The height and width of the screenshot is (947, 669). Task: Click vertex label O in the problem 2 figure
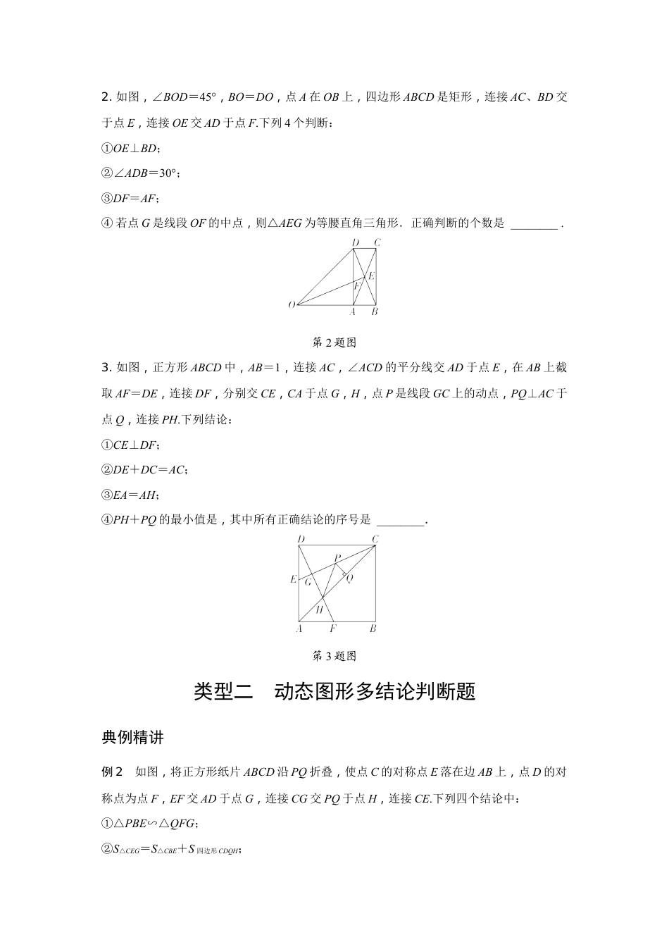[291, 304]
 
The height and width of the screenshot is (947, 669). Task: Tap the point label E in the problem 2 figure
[372, 276]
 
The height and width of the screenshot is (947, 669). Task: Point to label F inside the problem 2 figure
[356, 286]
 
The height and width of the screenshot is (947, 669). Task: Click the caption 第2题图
[334, 342]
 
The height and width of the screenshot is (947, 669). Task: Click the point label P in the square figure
[337, 557]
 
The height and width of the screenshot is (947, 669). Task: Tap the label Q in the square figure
[349, 577]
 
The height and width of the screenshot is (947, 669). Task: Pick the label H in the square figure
[319, 609]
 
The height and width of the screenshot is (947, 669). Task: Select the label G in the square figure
[308, 582]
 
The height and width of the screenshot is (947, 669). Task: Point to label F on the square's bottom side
[333, 629]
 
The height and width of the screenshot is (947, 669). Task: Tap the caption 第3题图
[334, 656]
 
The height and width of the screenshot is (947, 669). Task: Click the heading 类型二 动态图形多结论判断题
[334, 691]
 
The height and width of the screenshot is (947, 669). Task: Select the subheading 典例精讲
[133, 738]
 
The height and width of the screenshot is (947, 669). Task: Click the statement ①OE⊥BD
[132, 149]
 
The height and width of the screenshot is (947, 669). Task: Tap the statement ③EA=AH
[131, 495]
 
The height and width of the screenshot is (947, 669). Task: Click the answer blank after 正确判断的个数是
[533, 224]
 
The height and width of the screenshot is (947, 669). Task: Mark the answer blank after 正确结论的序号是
[401, 520]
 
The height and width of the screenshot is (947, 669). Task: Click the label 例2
[113, 772]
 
